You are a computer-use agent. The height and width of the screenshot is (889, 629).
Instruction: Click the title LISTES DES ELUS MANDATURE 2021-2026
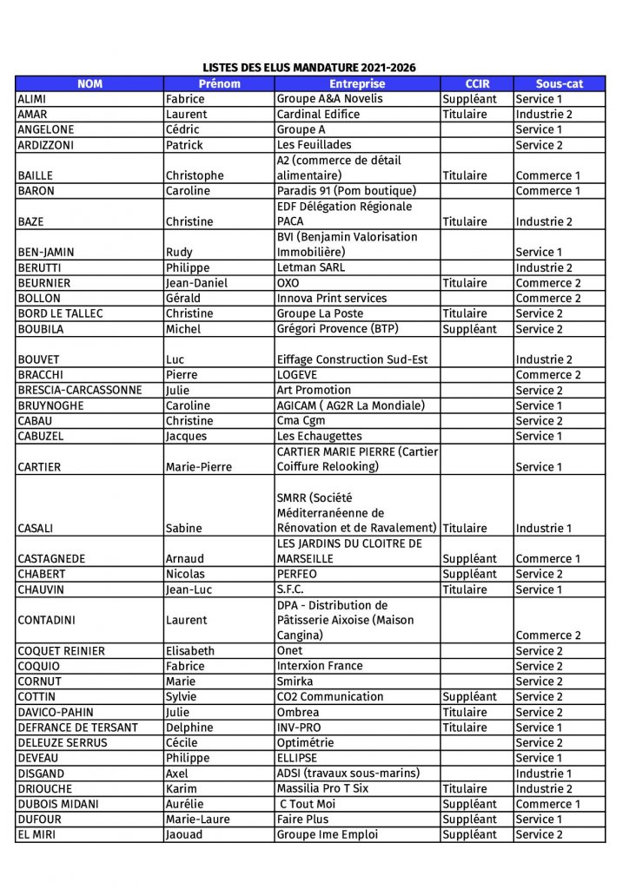tap(309, 68)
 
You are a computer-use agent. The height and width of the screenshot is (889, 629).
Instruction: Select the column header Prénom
tap(219, 83)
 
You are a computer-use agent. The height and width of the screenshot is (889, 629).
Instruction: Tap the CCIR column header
tap(477, 83)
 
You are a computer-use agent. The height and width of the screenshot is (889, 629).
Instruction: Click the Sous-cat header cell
tap(559, 83)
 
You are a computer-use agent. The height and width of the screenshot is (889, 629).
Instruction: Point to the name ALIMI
tap(32, 99)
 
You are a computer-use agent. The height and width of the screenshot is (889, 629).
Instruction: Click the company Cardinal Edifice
tap(318, 115)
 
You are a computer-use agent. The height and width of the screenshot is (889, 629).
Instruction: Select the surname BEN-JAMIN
tap(44, 253)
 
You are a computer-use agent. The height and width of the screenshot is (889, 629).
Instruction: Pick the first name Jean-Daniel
tap(196, 283)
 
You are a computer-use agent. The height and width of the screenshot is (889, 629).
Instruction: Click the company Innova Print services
tap(331, 299)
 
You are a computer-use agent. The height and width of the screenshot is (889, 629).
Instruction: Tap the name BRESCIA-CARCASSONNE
tap(79, 391)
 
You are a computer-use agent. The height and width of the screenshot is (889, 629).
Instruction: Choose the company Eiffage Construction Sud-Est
tap(352, 359)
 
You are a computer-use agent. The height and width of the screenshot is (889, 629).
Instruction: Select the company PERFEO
tap(297, 574)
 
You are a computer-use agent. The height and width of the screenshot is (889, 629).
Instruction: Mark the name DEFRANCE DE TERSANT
tap(77, 728)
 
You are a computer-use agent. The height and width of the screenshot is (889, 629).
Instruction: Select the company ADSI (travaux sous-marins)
tap(348, 774)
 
